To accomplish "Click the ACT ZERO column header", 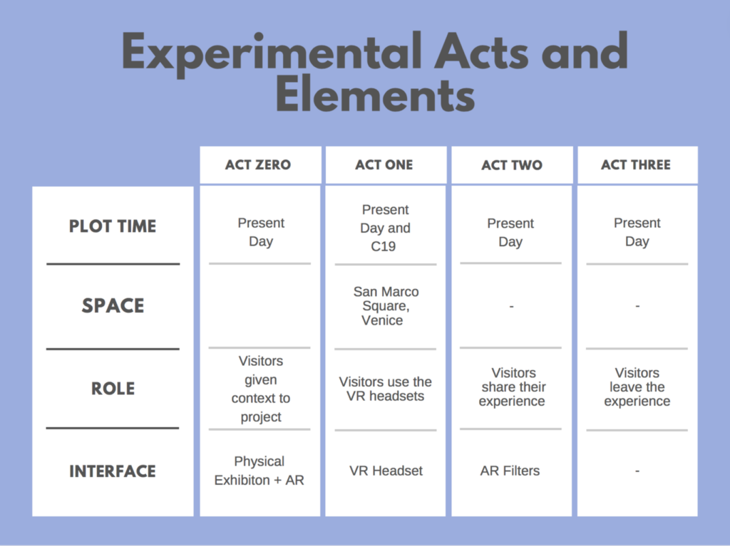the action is pos(258,164).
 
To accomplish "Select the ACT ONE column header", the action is pos(384,164).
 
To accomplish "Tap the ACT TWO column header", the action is pos(512,165).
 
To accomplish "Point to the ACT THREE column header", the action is pos(636,164).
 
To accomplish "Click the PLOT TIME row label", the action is pos(113,226).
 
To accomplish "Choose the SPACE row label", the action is pos(113,305).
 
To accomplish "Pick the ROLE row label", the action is pos(113,389).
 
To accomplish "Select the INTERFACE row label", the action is pos(113,471).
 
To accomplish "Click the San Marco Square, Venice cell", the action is pos(386,306).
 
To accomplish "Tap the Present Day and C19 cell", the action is pos(385,228).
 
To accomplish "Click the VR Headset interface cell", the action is pos(386,471).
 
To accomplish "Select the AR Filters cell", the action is pos(510,471).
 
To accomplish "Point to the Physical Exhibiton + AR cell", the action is pos(259,471).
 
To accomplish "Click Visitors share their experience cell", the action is pos(513,387).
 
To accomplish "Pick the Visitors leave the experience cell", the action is pos(637,387).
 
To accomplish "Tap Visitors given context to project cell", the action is pos(261,389).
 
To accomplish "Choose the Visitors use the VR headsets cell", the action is pos(386,389).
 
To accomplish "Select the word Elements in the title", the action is pos(375,95).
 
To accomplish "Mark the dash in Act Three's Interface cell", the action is pos(637,471).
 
